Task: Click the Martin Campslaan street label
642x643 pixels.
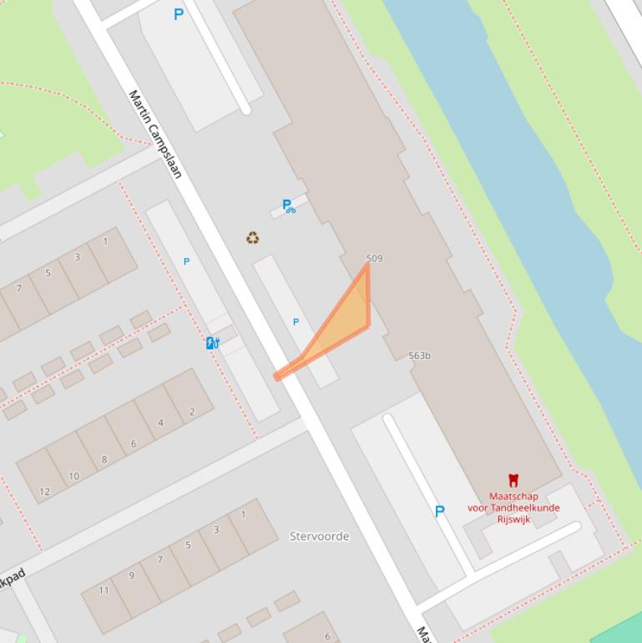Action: tap(155, 134)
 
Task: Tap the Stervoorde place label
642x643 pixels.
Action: tap(319, 536)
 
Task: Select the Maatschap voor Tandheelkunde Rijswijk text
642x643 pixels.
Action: tap(513, 508)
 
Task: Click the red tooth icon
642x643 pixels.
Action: tap(513, 480)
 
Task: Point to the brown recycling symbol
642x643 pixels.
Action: tap(252, 238)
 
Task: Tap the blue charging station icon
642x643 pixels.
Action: tap(213, 342)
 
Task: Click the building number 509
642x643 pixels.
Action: tap(374, 258)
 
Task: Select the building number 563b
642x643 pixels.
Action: tap(420, 356)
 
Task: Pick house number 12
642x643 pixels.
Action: tap(44, 492)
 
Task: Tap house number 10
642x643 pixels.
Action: tap(73, 476)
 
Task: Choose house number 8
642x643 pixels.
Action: tap(104, 459)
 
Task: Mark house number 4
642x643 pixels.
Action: tap(161, 423)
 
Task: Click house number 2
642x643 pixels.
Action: tap(191, 412)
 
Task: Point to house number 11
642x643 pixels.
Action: tap(104, 590)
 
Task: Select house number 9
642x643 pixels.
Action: tap(131, 575)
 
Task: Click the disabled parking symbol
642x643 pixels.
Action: tap(289, 205)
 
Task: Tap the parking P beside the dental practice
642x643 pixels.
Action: tap(440, 511)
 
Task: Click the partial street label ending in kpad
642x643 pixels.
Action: tap(13, 577)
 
